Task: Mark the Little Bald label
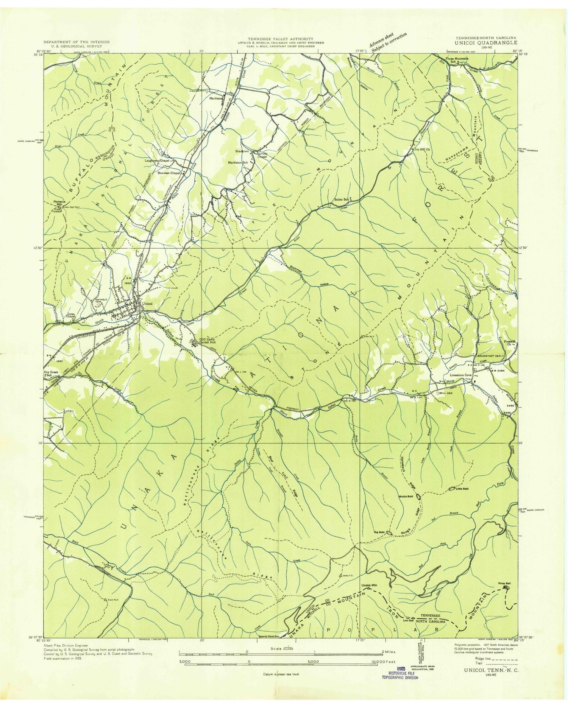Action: coord(462,489)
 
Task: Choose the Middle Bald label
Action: coord(406,496)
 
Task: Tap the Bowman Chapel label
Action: coord(169,173)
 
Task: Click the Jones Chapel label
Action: coord(70,315)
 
